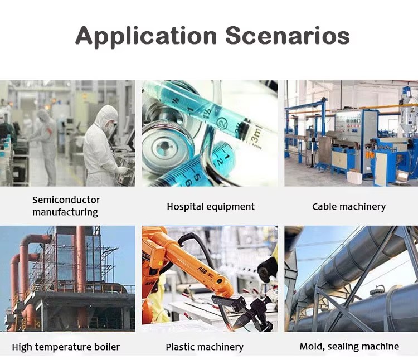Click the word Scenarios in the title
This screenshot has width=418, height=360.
click(x=288, y=36)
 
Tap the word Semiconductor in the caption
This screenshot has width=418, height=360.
click(x=66, y=200)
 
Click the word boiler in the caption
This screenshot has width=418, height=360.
click(x=107, y=347)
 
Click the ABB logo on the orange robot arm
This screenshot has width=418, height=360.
click(x=203, y=269)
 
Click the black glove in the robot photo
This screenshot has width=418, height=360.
click(x=268, y=269)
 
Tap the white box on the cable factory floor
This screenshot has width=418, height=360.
click(x=354, y=177)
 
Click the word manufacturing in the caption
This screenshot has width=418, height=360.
click(x=65, y=212)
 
